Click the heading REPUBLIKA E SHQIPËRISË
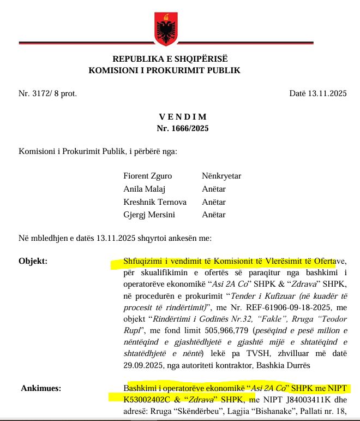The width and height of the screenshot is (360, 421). coord(170,59)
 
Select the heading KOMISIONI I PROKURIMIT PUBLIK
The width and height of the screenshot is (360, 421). coord(164,70)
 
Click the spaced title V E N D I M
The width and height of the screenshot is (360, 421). coord(183,117)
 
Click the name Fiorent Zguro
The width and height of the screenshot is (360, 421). coord(148,176)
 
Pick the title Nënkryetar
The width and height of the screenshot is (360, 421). coord(221,176)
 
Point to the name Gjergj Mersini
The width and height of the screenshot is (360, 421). coord(150,215)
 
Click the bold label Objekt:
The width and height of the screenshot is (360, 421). coord(33,261)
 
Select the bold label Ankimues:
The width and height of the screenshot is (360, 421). coord(40,388)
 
